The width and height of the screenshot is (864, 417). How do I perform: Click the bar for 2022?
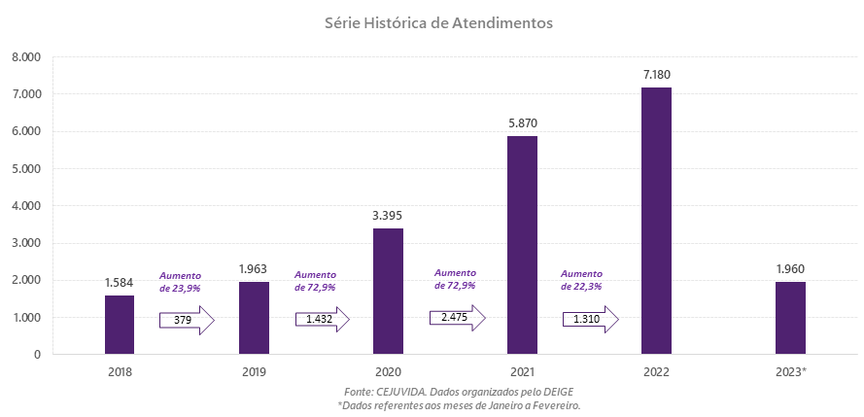pyautogui.click(x=656, y=221)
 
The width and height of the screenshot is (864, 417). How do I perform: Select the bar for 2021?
pyautogui.click(x=522, y=245)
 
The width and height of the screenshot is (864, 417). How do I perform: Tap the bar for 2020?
pyautogui.click(x=388, y=291)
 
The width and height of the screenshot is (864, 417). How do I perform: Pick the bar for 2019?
pyautogui.click(x=254, y=318)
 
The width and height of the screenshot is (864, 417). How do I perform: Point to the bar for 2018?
pyautogui.click(x=120, y=325)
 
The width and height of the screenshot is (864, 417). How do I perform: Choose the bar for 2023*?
pyautogui.click(x=790, y=318)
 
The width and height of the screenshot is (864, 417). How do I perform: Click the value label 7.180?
pyautogui.click(x=656, y=74)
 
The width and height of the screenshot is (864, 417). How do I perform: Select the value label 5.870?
pyautogui.click(x=522, y=123)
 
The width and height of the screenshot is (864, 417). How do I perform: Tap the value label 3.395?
pyautogui.click(x=388, y=215)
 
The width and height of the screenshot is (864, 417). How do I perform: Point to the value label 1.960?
pyautogui.click(x=790, y=268)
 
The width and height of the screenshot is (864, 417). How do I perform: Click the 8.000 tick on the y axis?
pyautogui.click(x=25, y=57)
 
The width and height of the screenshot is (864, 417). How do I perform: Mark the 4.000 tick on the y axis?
pyautogui.click(x=25, y=206)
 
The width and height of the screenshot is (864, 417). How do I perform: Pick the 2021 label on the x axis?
pyautogui.click(x=522, y=371)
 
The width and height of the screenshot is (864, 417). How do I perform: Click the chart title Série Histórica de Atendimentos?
pyautogui.click(x=438, y=22)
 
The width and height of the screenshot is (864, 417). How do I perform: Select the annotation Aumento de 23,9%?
pyautogui.click(x=181, y=282)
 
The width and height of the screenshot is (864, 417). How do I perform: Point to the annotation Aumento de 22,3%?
pyautogui.click(x=582, y=280)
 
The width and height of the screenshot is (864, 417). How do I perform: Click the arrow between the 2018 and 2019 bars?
pyautogui.click(x=187, y=320)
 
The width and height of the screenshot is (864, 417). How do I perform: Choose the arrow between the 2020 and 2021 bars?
pyautogui.click(x=456, y=318)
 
